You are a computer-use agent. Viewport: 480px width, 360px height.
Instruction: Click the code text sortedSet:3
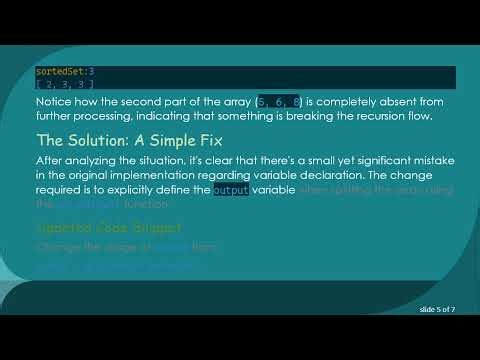65,72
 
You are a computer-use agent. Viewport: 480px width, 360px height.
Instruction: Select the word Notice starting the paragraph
54,102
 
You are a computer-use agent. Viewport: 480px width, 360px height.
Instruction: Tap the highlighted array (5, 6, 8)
284,102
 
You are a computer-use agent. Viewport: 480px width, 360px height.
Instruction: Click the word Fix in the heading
232,139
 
